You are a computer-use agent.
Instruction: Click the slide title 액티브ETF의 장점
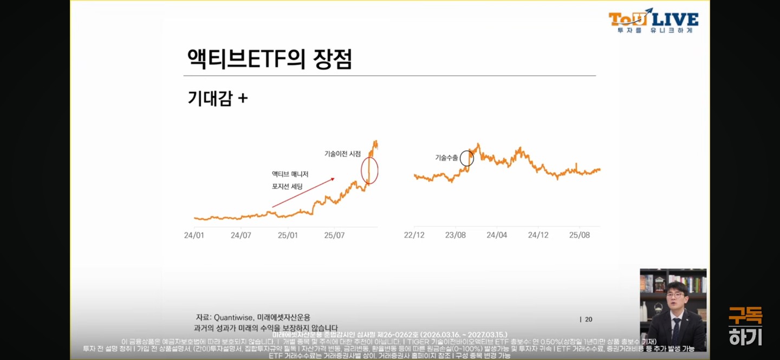tap(269, 58)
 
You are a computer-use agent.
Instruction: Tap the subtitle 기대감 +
tap(217, 99)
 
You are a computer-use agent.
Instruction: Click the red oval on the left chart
tap(369, 171)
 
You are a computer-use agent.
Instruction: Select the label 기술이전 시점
tap(342, 154)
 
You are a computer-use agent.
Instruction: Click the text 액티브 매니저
tap(290, 174)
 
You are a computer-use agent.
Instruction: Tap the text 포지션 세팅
tap(287, 187)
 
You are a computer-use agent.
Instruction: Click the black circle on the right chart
tap(467, 158)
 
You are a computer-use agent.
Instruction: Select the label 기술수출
tap(446, 158)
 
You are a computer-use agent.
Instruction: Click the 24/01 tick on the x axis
tap(194, 235)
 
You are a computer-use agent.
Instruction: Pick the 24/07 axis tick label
tap(241, 235)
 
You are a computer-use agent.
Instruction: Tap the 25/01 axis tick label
tap(288, 235)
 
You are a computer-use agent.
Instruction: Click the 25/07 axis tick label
tap(334, 235)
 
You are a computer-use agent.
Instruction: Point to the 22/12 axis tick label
tap(414, 235)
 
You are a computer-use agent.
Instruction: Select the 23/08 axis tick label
tap(456, 235)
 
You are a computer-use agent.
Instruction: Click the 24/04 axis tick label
tap(497, 235)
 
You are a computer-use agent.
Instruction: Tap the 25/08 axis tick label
tap(579, 235)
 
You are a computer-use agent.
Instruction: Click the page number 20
tap(588, 319)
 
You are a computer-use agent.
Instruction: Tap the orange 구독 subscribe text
tap(745, 316)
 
